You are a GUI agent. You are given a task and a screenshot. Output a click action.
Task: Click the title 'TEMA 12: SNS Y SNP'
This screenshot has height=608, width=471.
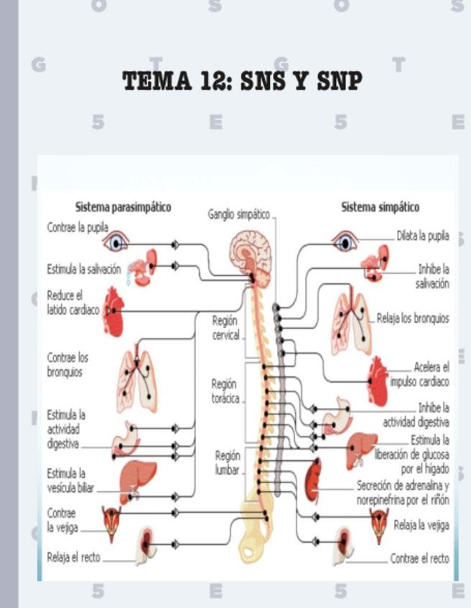(242, 81)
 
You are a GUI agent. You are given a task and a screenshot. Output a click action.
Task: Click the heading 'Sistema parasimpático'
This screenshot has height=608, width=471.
(123, 207)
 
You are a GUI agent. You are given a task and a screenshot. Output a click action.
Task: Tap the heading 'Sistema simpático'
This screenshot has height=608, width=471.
(380, 207)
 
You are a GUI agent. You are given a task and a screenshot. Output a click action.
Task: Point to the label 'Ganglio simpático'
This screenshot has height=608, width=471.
(239, 214)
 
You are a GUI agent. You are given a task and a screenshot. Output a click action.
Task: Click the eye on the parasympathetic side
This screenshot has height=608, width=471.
(115, 242)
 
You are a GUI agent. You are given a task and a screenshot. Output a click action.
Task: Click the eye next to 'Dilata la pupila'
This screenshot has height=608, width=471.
(345, 241)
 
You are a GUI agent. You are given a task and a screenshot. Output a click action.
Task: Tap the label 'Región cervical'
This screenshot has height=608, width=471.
(225, 328)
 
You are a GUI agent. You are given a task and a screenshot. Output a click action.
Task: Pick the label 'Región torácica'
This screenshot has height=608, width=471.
(225, 391)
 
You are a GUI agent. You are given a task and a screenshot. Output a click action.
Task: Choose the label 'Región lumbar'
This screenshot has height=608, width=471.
(228, 462)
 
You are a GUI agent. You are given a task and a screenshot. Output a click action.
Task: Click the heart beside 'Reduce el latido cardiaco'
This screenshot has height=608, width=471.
(114, 312)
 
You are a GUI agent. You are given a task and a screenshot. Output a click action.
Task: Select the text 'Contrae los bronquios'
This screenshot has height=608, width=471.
(68, 364)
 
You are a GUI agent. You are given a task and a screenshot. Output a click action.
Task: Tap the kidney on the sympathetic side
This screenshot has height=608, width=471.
(313, 481)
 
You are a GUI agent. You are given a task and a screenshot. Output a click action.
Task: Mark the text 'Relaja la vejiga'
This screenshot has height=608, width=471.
(421, 525)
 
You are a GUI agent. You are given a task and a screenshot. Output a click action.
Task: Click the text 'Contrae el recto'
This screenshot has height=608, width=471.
(419, 559)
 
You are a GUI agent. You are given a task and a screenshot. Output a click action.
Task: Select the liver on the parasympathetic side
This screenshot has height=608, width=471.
(137, 478)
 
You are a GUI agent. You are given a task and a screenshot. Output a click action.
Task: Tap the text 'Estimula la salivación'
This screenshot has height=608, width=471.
(84, 270)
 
